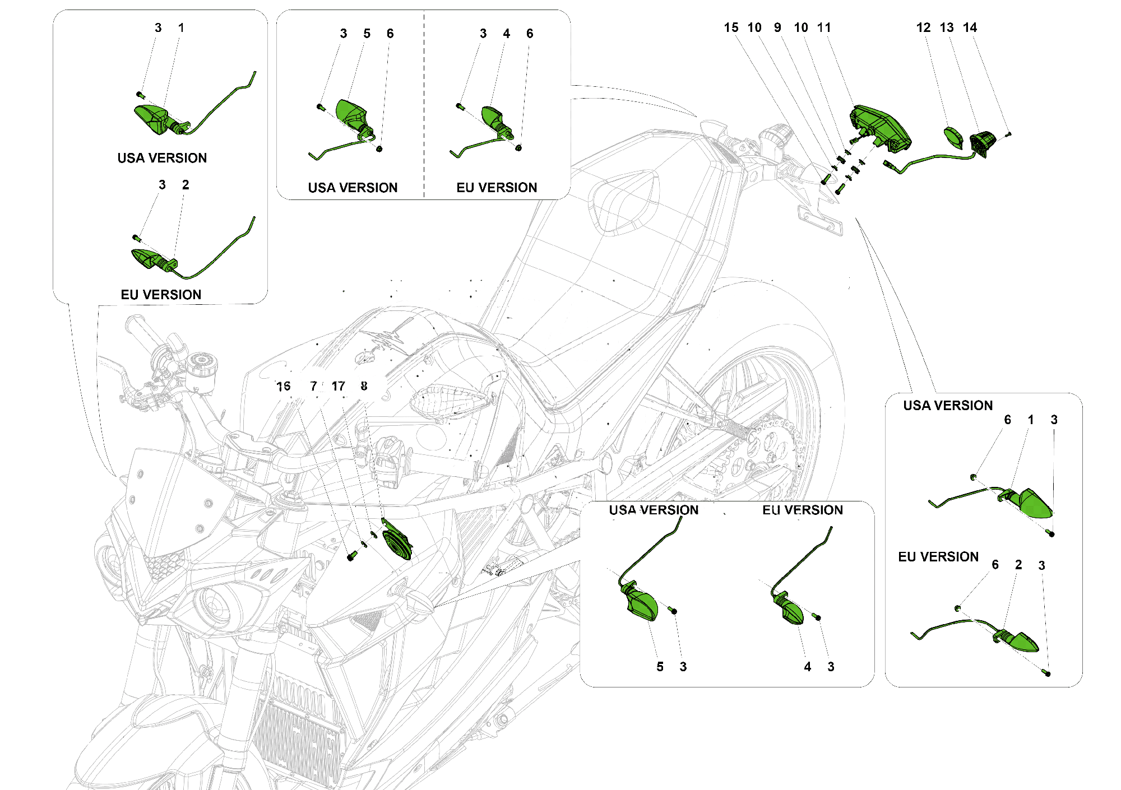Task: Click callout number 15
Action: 731,28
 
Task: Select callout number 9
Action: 777,28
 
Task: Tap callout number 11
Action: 824,28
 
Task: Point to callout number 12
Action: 923,28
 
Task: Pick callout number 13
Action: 947,28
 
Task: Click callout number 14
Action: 970,28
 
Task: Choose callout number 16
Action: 284,386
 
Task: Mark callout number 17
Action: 338,386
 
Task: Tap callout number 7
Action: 314,386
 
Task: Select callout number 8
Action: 364,386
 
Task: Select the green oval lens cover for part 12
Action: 952,137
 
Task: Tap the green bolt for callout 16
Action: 351,556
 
